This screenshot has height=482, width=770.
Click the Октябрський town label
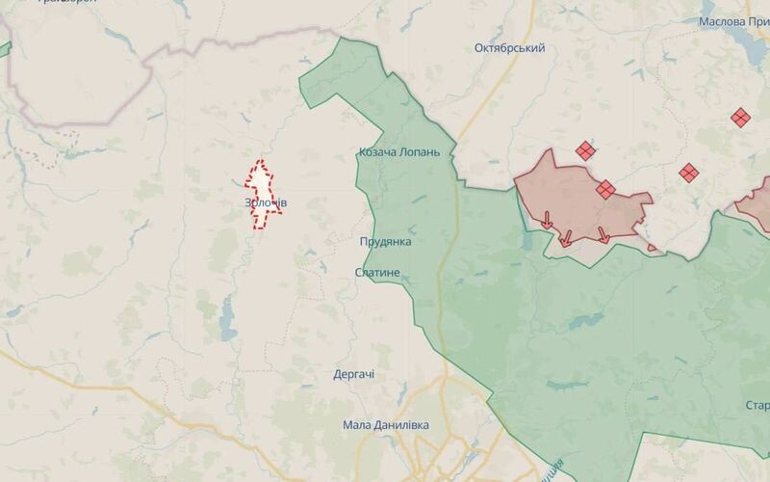coord(510,48)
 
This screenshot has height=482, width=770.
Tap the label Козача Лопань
coord(398,152)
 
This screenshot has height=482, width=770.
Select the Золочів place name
coord(266,203)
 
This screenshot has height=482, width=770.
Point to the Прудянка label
coord(385,242)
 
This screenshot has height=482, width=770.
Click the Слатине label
coord(377,274)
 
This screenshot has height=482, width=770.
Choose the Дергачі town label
coord(353,374)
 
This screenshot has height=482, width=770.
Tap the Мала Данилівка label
coord(386,425)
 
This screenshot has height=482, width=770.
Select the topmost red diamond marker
coord(739,118)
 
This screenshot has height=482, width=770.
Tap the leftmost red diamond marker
coord(585,150)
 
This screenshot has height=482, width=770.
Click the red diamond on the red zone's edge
coord(605,190)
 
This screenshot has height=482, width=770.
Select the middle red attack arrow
coord(566,237)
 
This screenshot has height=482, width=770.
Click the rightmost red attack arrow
coord(603,234)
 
